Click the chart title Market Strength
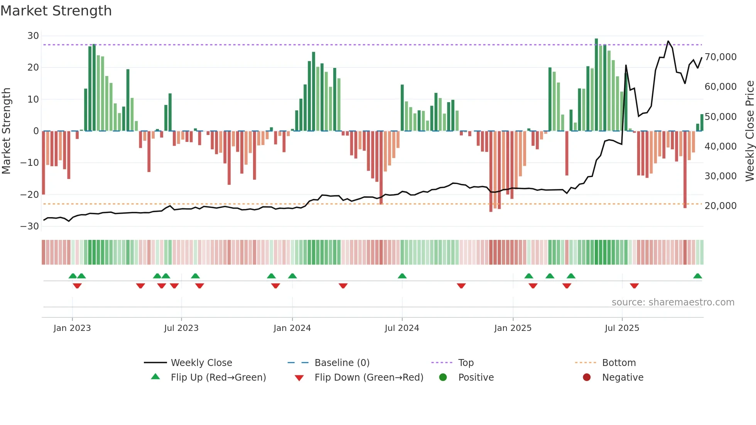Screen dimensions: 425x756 [56, 11]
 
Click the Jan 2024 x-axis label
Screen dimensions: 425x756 [292, 328]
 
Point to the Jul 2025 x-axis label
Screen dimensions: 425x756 [622, 328]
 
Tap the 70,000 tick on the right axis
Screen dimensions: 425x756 [720, 57]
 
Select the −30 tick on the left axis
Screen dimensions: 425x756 [30, 226]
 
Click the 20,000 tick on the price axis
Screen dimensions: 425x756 [720, 206]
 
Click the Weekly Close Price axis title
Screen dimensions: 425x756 [749, 131]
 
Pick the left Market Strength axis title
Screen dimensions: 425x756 [6, 131]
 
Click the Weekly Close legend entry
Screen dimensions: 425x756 [201, 363]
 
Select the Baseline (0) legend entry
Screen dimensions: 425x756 [342, 363]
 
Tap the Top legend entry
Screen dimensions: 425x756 [466, 363]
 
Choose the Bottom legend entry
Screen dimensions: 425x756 [619, 363]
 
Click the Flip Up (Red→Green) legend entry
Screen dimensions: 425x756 [218, 377]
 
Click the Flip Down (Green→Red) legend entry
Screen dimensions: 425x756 [368, 377]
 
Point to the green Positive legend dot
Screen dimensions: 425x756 [443, 377]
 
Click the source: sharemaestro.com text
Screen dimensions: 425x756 [673, 302]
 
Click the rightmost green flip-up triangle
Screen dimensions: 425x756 [697, 276]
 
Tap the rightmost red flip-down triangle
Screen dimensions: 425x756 [634, 286]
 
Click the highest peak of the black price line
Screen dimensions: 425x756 [668, 41]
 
